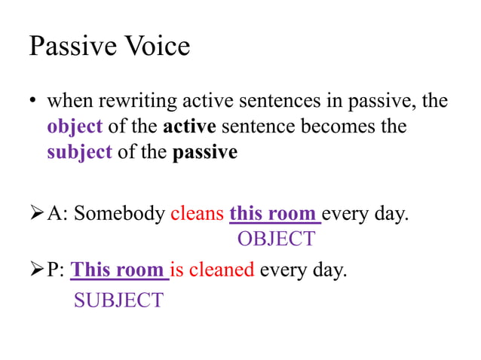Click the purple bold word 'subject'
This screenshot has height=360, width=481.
click(79, 152)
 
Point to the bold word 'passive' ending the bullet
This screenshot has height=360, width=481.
click(205, 152)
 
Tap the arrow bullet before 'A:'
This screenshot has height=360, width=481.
click(35, 214)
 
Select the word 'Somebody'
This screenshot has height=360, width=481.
click(118, 214)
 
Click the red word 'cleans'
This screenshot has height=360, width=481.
click(197, 214)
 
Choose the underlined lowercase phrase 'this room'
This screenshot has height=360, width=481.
click(273, 214)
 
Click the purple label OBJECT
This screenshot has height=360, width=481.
click(276, 239)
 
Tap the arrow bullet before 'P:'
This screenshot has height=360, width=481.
click(35, 270)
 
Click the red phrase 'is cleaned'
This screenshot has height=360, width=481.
click(212, 270)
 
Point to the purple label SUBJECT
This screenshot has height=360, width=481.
click(118, 300)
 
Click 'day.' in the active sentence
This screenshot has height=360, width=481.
click(391, 214)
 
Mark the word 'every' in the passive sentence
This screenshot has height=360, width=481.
click(281, 270)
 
